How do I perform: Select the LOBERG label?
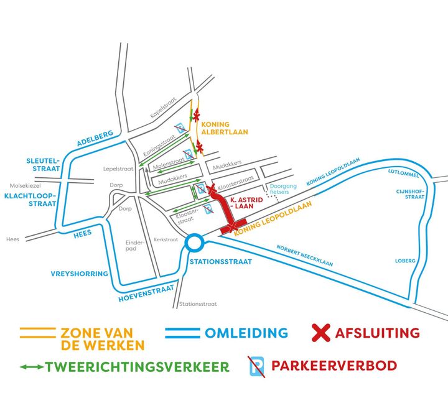point(405,261)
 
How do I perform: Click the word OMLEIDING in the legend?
point(246,333)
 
